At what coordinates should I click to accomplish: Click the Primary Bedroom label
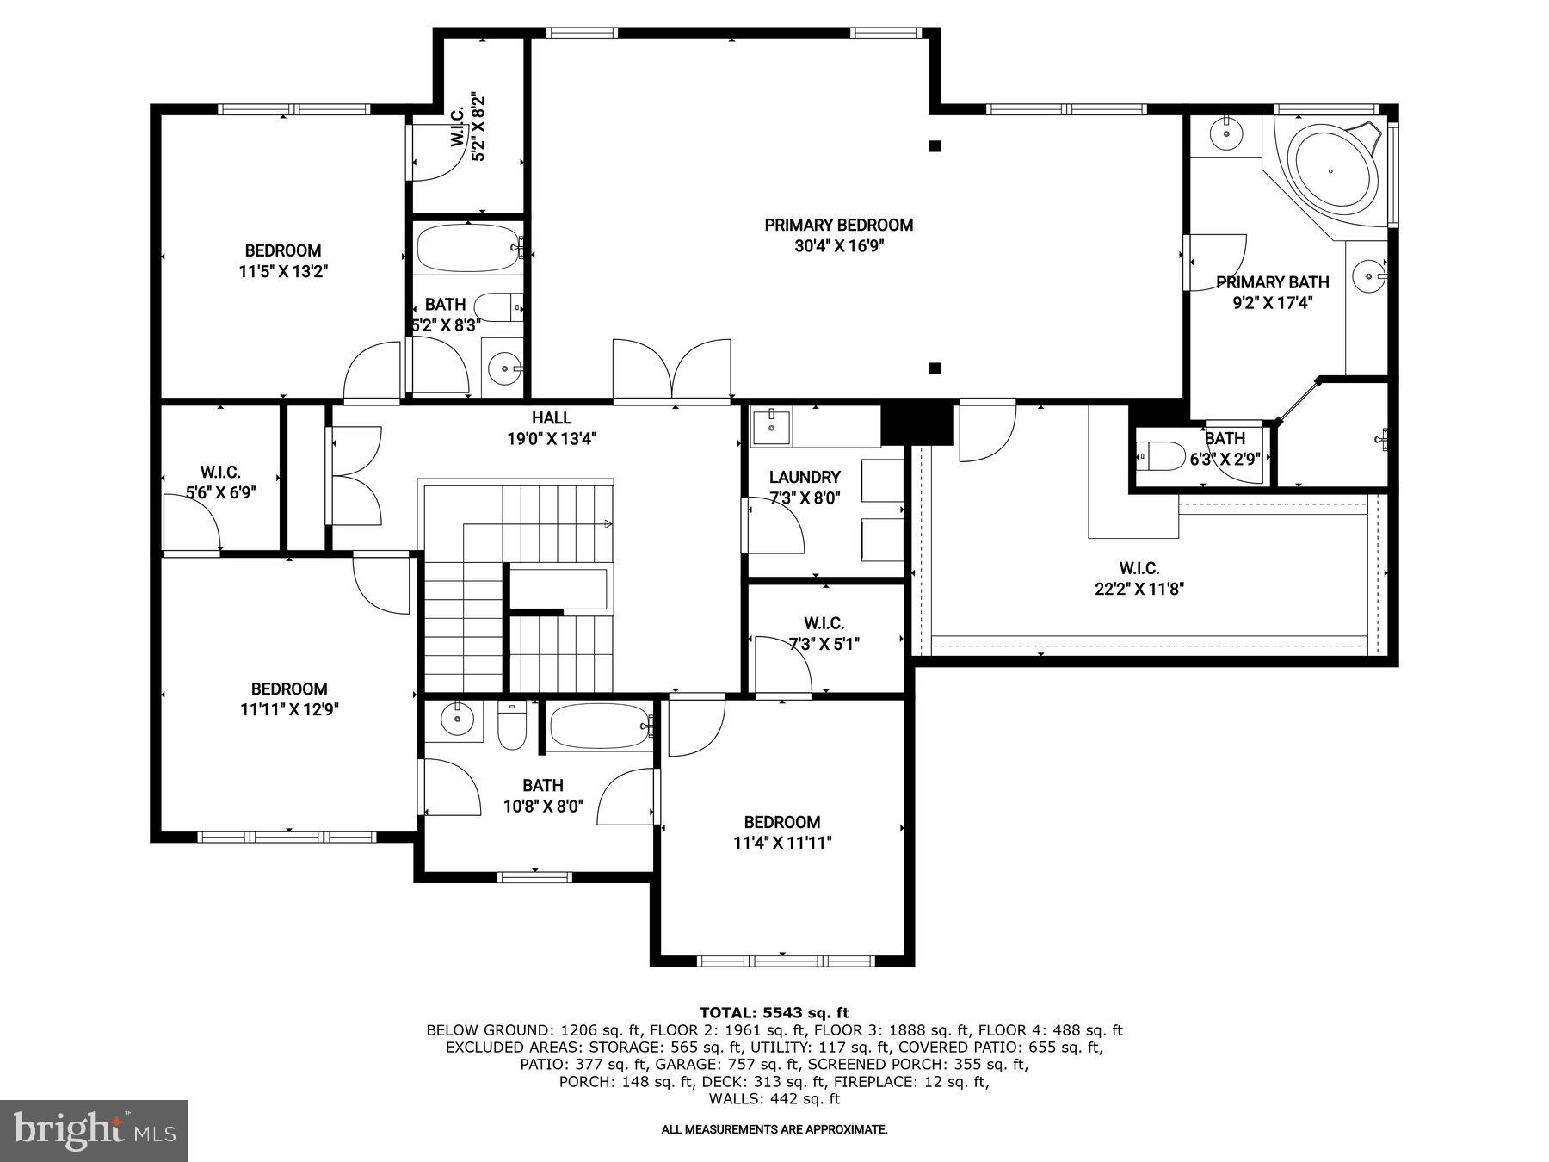tap(838, 226)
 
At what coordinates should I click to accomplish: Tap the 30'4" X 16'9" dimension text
tap(838, 246)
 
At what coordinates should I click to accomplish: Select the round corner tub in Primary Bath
tap(1331, 170)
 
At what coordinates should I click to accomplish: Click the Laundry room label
tap(804, 477)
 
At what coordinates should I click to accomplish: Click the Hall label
tap(551, 418)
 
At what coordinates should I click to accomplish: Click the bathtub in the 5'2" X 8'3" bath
tap(467, 248)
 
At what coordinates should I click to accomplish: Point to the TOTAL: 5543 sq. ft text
tap(774, 1012)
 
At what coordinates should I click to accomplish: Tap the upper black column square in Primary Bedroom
tap(935, 146)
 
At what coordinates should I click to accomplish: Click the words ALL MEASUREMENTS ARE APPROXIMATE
tap(774, 1129)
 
